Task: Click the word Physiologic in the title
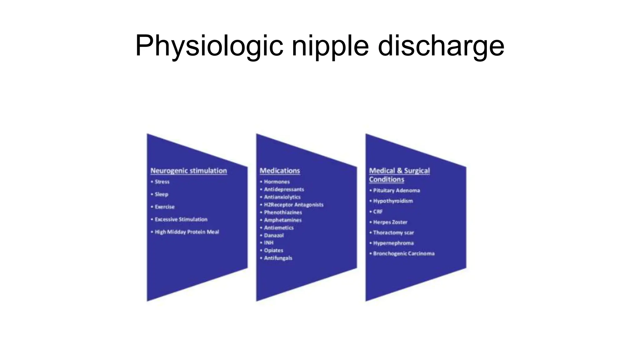[x=209, y=46]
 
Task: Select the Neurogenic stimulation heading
[x=188, y=171]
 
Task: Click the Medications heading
[x=280, y=171]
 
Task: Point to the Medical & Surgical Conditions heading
[x=399, y=175]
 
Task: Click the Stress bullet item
[x=162, y=182]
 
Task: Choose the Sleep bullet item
[x=161, y=194]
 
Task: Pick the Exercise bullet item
[x=164, y=207]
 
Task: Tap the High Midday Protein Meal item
[x=187, y=232]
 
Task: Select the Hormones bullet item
[x=277, y=182]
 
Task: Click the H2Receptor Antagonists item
[x=293, y=205]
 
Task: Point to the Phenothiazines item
[x=283, y=212]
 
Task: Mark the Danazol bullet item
[x=274, y=235]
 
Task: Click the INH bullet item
[x=268, y=242]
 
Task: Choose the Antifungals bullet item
[x=278, y=258]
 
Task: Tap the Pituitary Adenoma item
[x=396, y=190]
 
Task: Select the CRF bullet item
[x=377, y=212]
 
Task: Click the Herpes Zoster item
[x=390, y=222]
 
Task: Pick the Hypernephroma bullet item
[x=393, y=243]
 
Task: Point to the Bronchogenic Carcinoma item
[x=403, y=253]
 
